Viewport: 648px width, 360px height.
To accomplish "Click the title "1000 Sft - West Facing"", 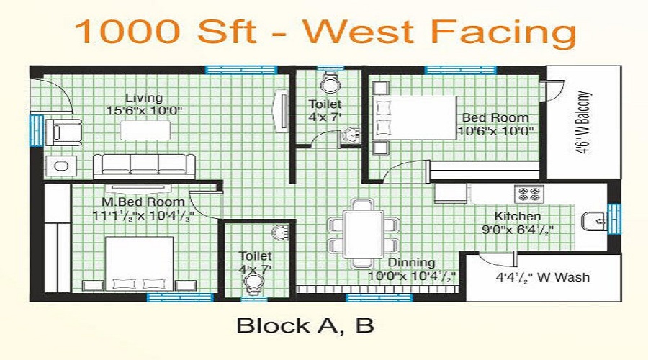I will tap(325, 33).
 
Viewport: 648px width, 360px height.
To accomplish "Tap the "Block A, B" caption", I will tap(305, 325).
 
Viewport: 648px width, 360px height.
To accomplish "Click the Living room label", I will tap(143, 98).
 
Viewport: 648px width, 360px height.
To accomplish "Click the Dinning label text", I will tap(413, 263).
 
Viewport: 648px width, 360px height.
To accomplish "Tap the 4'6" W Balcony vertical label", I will tap(583, 123).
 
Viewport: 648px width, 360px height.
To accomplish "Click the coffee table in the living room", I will tap(145, 129).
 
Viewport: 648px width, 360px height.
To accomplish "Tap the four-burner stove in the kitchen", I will tap(531, 192).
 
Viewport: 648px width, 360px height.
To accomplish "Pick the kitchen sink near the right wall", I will tap(594, 220).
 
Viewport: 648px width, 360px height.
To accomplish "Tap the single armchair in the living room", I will tap(58, 132).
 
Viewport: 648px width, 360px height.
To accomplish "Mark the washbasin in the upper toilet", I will tap(351, 136).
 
